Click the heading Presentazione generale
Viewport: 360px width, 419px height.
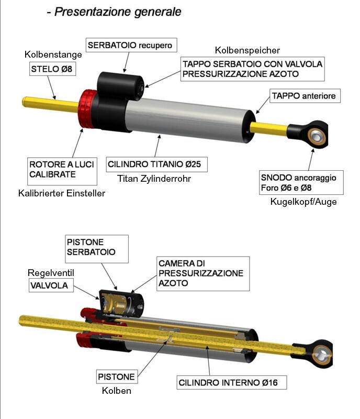pyautogui.click(x=118, y=12)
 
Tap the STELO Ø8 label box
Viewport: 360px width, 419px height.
pyautogui.click(x=52, y=69)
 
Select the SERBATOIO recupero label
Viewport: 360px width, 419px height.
pyautogui.click(x=131, y=45)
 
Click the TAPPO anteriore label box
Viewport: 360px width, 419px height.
pyautogui.click(x=305, y=96)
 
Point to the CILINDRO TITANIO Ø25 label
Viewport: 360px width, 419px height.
pyautogui.click(x=156, y=164)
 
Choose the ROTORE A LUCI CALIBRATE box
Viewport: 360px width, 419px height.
pyautogui.click(x=62, y=171)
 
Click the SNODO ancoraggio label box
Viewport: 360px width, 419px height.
pyautogui.click(x=301, y=182)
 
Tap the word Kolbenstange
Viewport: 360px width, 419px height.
pyautogui.click(x=53, y=54)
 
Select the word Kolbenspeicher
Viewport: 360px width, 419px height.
pyautogui.click(x=248, y=50)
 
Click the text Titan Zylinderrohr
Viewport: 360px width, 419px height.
pyautogui.click(x=154, y=179)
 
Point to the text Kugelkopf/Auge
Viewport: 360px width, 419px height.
pyautogui.click(x=303, y=202)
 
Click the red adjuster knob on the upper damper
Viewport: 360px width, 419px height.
pyautogui.click(x=87, y=109)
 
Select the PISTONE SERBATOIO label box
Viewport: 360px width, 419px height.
pyautogui.click(x=97, y=249)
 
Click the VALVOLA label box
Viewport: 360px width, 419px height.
pyautogui.click(x=51, y=285)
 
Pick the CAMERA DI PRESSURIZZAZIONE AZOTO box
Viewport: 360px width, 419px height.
pyautogui.click(x=203, y=273)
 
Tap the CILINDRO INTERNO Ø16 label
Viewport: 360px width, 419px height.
pyautogui.click(x=232, y=382)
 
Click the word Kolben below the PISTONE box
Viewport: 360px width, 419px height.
pyautogui.click(x=117, y=391)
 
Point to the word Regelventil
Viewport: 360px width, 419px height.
pyautogui.click(x=51, y=273)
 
